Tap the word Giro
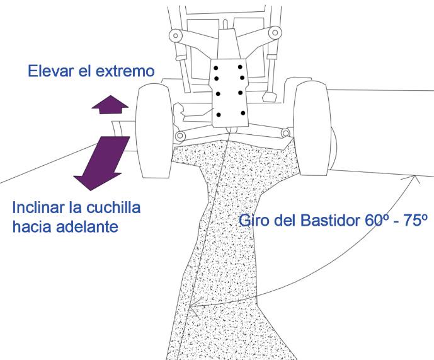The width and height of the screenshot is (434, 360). [x=253, y=221]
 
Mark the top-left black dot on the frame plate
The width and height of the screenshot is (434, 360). [x=216, y=67]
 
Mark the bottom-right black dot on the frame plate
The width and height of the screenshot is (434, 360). [x=243, y=113]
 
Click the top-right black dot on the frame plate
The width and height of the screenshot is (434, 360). [x=241, y=66]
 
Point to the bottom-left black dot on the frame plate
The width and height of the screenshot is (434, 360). [x=218, y=115]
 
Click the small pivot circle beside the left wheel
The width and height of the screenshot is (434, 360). [x=180, y=136]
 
